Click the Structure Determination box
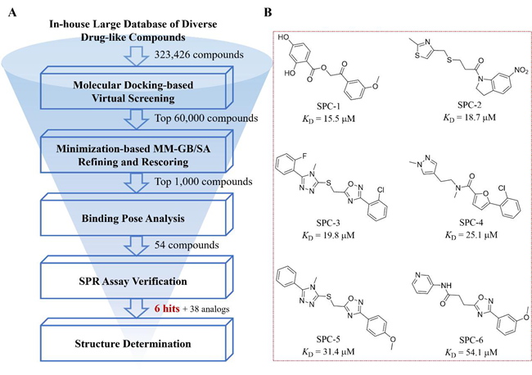[x=137, y=344]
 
